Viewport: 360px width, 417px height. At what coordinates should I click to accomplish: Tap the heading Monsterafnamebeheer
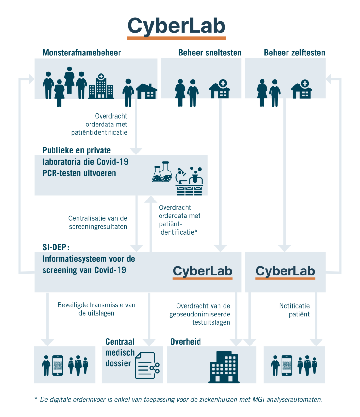(x=82, y=53)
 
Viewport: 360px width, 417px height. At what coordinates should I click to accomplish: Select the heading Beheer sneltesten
(x=210, y=53)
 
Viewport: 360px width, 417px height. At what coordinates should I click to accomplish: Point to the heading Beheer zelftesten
(x=295, y=53)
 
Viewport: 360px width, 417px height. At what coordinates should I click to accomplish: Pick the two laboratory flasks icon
(x=162, y=172)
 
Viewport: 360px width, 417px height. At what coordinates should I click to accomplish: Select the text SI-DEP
(x=54, y=247)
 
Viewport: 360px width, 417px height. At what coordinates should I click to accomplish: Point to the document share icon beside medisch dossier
(x=147, y=365)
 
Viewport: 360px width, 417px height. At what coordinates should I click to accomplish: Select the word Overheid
(x=185, y=342)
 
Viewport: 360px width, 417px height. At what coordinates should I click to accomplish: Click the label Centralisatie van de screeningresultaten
(x=98, y=222)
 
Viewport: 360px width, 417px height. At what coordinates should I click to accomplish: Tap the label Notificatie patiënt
(x=294, y=310)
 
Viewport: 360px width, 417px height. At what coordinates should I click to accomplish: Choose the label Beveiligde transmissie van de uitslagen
(x=96, y=309)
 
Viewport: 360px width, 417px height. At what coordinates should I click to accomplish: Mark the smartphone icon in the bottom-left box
(x=57, y=365)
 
